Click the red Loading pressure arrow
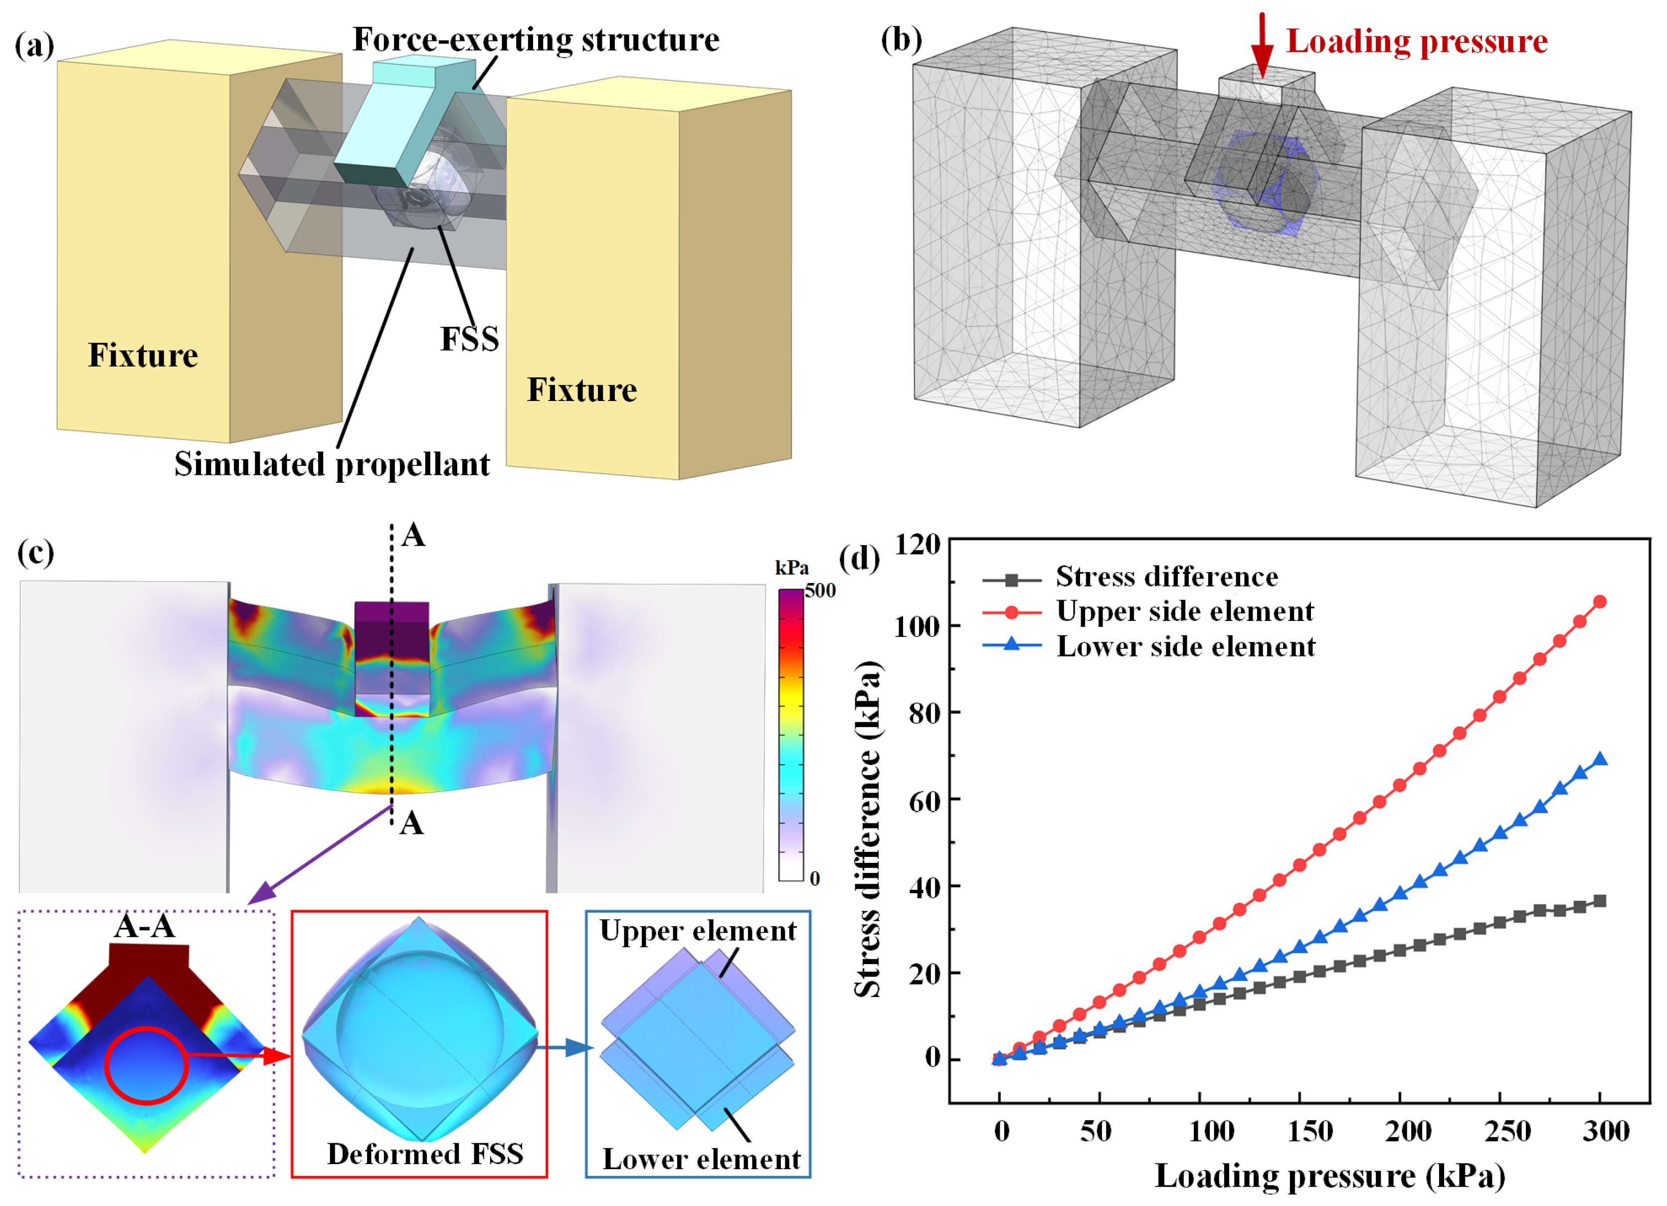tap(1262, 45)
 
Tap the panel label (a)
tap(34, 45)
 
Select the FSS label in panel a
tap(469, 339)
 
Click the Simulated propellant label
tap(332, 464)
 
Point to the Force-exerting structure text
tap(536, 40)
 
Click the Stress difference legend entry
tap(1166, 577)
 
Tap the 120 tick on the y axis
tap(918, 545)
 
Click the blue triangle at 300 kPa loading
tap(1599, 760)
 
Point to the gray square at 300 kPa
tap(1599, 901)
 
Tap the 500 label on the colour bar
tap(820, 591)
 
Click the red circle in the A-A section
tap(146, 1065)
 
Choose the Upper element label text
tap(698, 932)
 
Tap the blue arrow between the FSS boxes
tap(564, 1048)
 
